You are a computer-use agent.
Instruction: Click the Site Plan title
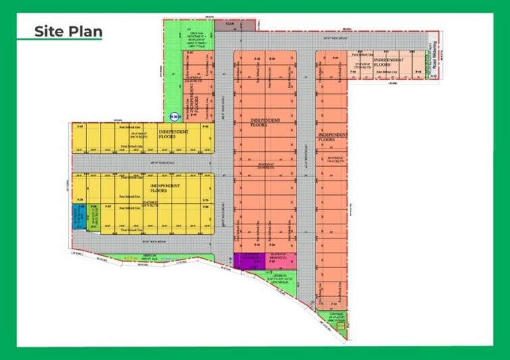(x=68, y=30)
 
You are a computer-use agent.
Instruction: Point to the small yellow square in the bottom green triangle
(x=341, y=328)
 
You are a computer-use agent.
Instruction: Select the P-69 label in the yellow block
(x=80, y=126)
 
